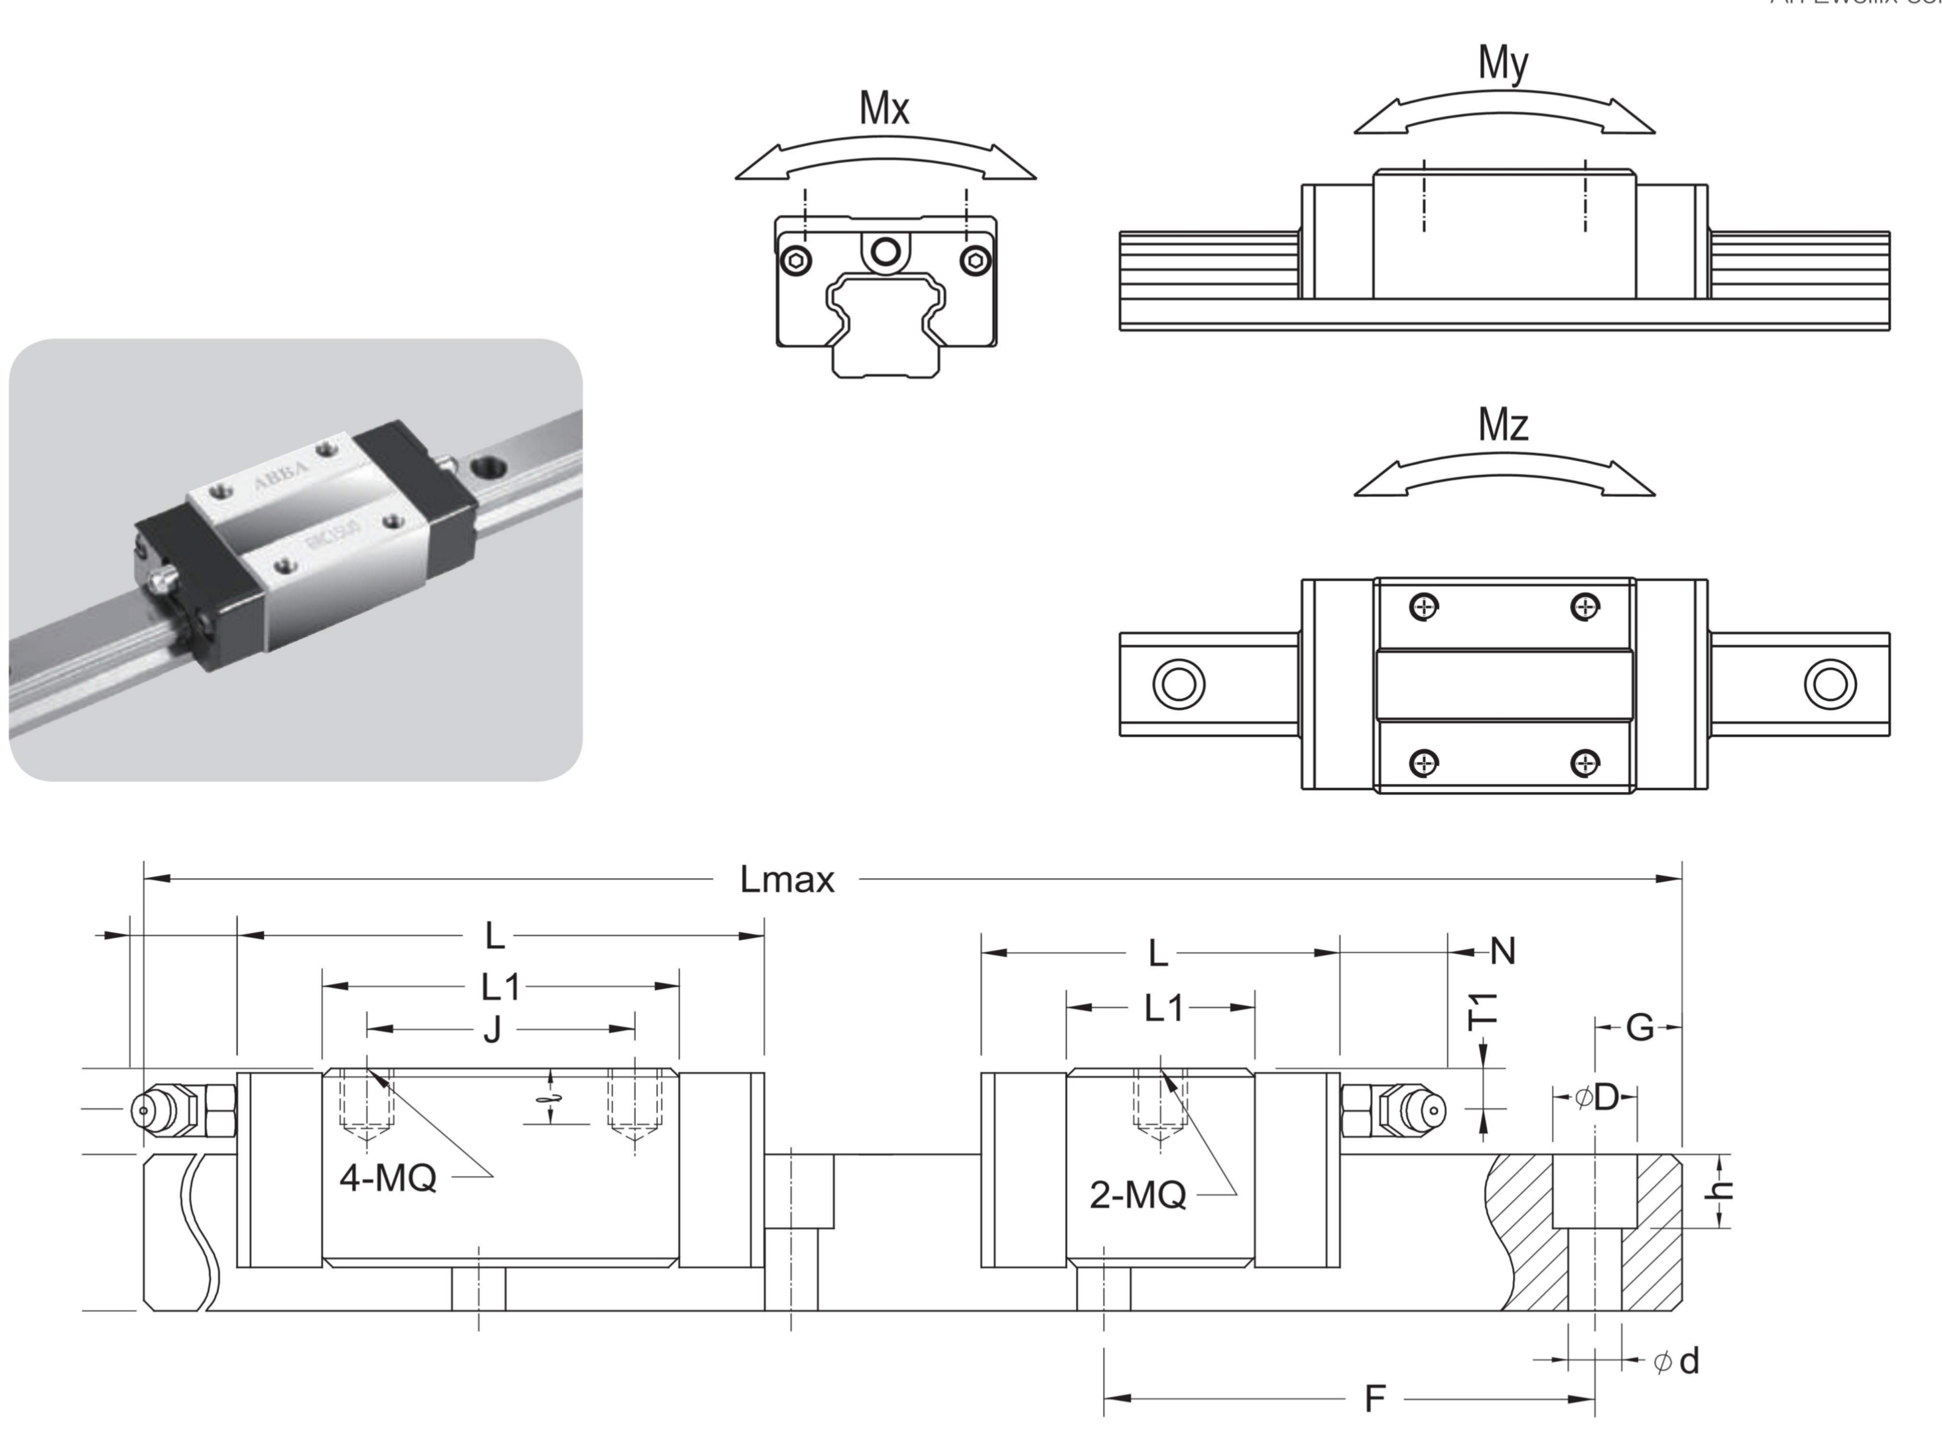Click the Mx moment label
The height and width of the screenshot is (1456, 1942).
tap(884, 109)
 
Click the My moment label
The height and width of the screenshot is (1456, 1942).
tap(1503, 63)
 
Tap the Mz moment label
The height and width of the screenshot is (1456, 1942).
tap(1503, 425)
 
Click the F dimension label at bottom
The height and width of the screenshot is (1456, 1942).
tap(1375, 1399)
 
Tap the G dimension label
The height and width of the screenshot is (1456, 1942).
tap(1639, 1027)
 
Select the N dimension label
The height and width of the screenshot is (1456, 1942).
tap(1503, 952)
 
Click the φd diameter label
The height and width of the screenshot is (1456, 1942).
tap(1677, 1362)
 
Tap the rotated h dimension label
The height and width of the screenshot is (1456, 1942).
tap(1722, 1190)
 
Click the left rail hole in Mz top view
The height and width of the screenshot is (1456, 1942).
tap(1178, 684)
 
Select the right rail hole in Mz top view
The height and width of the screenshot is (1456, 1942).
tap(1830, 684)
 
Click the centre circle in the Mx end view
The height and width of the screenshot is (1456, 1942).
tap(885, 252)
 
